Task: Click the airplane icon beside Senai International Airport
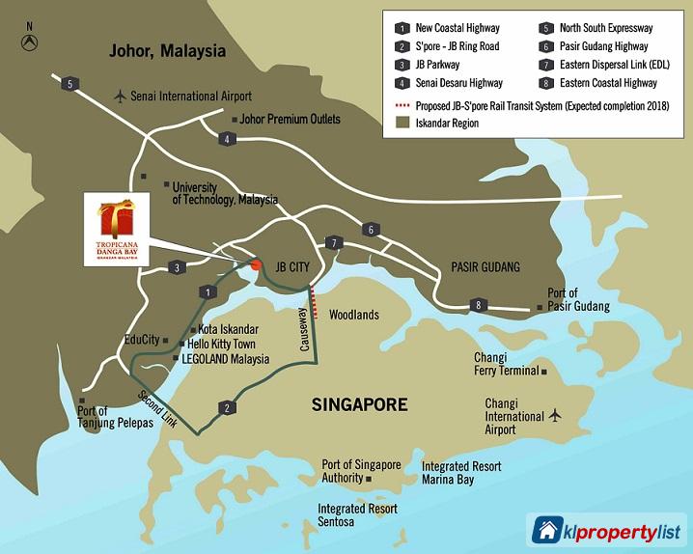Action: [120, 96]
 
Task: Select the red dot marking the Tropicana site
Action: [256, 264]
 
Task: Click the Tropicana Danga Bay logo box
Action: [119, 232]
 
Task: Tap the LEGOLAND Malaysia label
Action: [223, 359]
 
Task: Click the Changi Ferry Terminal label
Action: [505, 364]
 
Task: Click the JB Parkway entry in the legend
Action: [439, 64]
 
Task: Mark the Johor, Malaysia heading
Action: [167, 50]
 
